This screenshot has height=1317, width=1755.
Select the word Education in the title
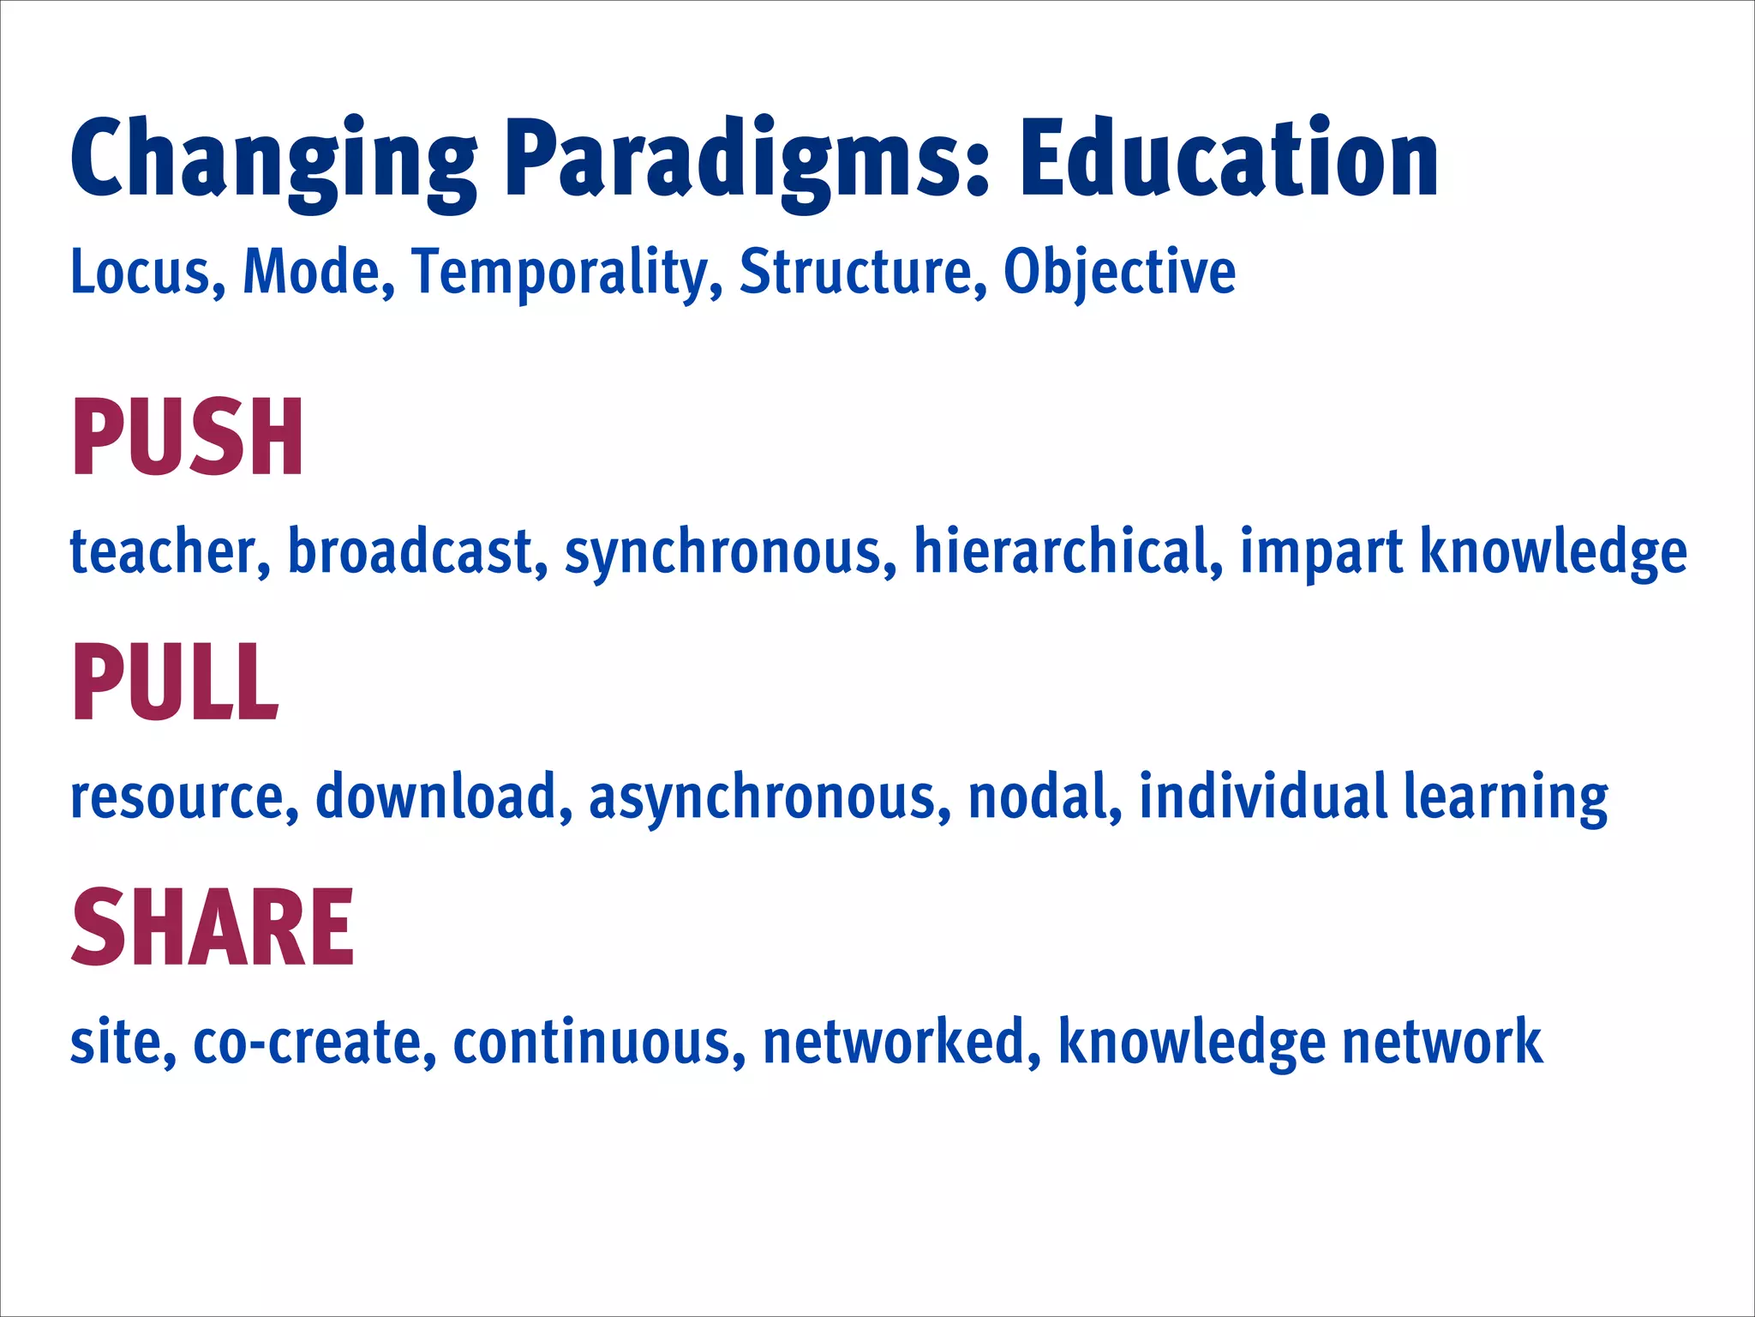1229,159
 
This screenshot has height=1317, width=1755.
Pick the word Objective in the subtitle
1119,274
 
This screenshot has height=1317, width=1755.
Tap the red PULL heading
175,683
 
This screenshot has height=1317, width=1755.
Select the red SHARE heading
212,928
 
